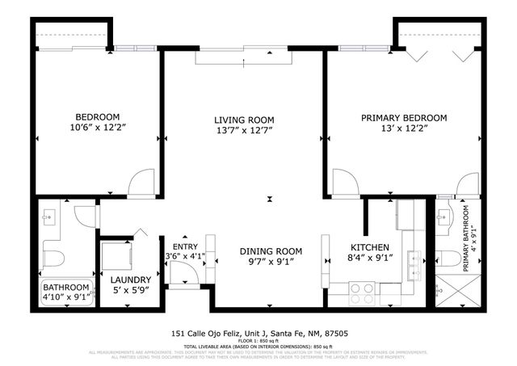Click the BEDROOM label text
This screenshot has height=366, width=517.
pos(98,116)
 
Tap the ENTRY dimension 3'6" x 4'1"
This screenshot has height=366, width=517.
pos(184,256)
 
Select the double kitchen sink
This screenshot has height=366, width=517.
pos(415,259)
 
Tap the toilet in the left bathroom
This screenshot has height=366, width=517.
pos(53,259)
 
